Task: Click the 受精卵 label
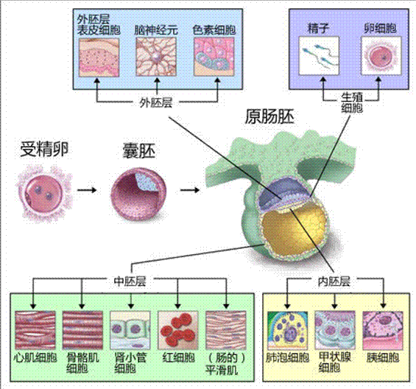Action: pyautogui.click(x=44, y=150)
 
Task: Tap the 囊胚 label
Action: pyautogui.click(x=139, y=150)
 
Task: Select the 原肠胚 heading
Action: pyautogui.click(x=269, y=116)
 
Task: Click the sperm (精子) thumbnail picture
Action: pyautogui.click(x=319, y=56)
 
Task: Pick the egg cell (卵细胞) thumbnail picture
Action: pyautogui.click(x=381, y=56)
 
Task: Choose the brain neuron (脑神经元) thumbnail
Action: pyautogui.click(x=156, y=57)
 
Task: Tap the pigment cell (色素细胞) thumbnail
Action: pyautogui.click(x=214, y=57)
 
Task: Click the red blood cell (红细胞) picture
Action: pyautogui.click(x=177, y=330)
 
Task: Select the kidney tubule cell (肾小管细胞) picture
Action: pyautogui.click(x=130, y=330)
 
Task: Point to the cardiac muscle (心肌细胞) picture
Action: pyautogui.click(x=35, y=330)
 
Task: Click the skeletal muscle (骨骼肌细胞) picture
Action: pyautogui.click(x=82, y=330)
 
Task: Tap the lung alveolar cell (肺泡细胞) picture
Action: pyautogui.click(x=288, y=330)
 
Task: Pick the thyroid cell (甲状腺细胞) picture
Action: pyautogui.click(x=335, y=330)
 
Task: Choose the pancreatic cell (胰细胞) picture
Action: pyautogui.click(x=383, y=330)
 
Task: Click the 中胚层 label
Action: pyautogui.click(x=130, y=281)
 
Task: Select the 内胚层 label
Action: pyautogui.click(x=334, y=281)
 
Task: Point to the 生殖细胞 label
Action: pyautogui.click(x=352, y=102)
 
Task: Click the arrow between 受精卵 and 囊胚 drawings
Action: pyautogui.click(x=87, y=190)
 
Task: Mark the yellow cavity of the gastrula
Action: pyautogui.click(x=295, y=231)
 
